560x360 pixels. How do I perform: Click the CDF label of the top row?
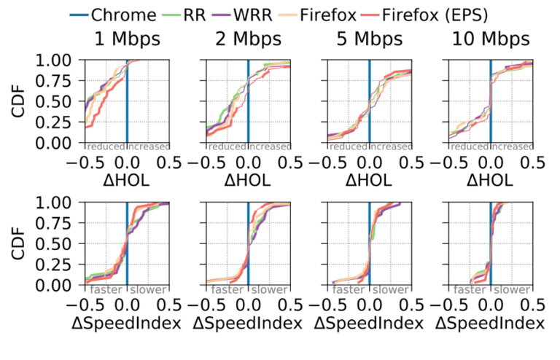point(21,101)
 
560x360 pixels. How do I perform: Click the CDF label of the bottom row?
point(21,243)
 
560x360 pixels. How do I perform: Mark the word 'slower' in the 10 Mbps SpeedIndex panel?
point(510,289)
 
